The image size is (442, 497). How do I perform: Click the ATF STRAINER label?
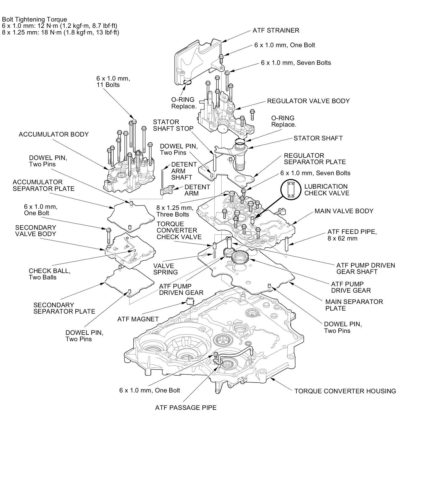point(276,30)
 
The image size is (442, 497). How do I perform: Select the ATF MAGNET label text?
point(138,319)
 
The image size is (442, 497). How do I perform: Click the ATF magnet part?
point(190,301)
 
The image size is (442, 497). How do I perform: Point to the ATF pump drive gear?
point(240,258)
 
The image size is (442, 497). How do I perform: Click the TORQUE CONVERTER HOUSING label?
point(345,391)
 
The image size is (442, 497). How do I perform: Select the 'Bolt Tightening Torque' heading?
point(35,19)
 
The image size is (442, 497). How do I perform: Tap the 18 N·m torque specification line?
point(60,32)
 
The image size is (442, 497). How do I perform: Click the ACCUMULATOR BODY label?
point(54,134)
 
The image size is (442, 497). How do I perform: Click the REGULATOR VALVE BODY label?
point(308,101)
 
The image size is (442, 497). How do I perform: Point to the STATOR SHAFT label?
point(318,138)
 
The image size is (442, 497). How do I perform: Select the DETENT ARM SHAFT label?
point(184,171)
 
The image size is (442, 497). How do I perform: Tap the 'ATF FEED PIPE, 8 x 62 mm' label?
point(352,235)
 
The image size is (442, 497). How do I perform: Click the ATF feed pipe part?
point(287,244)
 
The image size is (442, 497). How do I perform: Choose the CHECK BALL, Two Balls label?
point(49,274)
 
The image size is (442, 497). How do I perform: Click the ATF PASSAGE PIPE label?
point(186,408)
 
